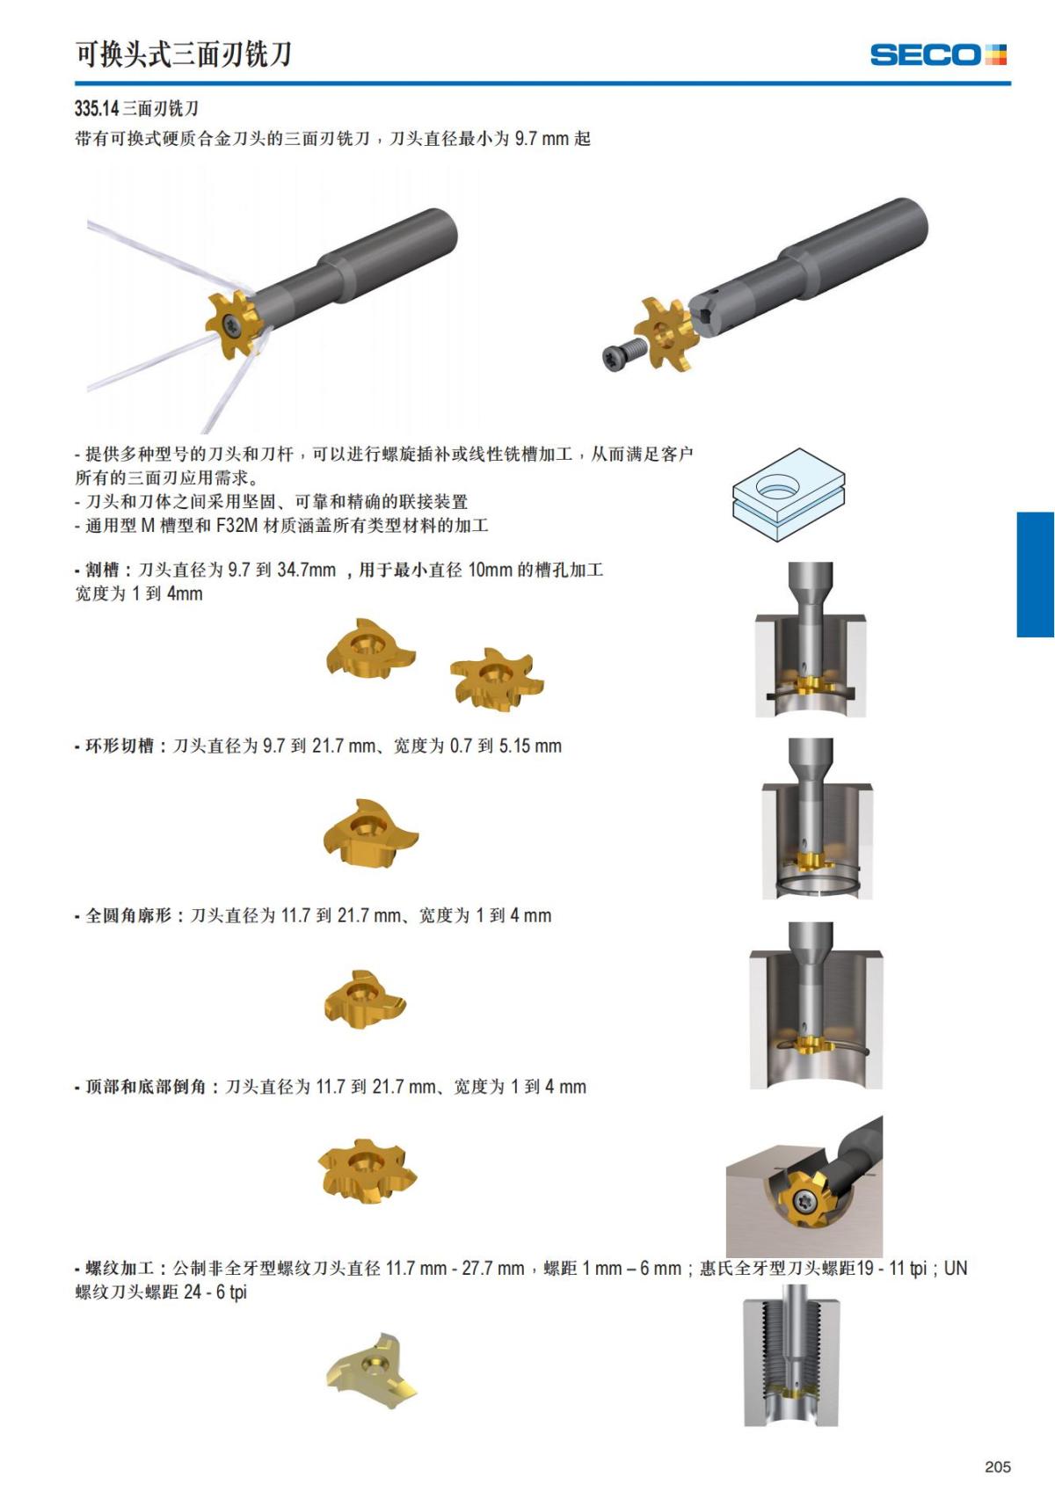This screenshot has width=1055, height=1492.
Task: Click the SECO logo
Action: (x=938, y=55)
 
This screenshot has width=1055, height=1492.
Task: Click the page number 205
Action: (x=998, y=1467)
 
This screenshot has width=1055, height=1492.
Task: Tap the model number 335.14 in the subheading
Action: (x=97, y=108)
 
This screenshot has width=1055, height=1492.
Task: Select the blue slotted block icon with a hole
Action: (x=789, y=494)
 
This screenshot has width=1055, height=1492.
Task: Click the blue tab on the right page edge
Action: (x=1035, y=574)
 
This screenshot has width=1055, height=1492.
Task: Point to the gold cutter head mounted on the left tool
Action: (x=235, y=324)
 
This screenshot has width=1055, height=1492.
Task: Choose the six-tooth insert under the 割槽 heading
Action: (x=497, y=680)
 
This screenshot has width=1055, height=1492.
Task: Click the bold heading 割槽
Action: (x=102, y=570)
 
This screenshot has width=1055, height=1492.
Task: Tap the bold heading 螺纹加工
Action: (x=120, y=1268)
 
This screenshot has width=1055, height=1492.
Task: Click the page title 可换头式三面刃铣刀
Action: (x=183, y=54)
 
